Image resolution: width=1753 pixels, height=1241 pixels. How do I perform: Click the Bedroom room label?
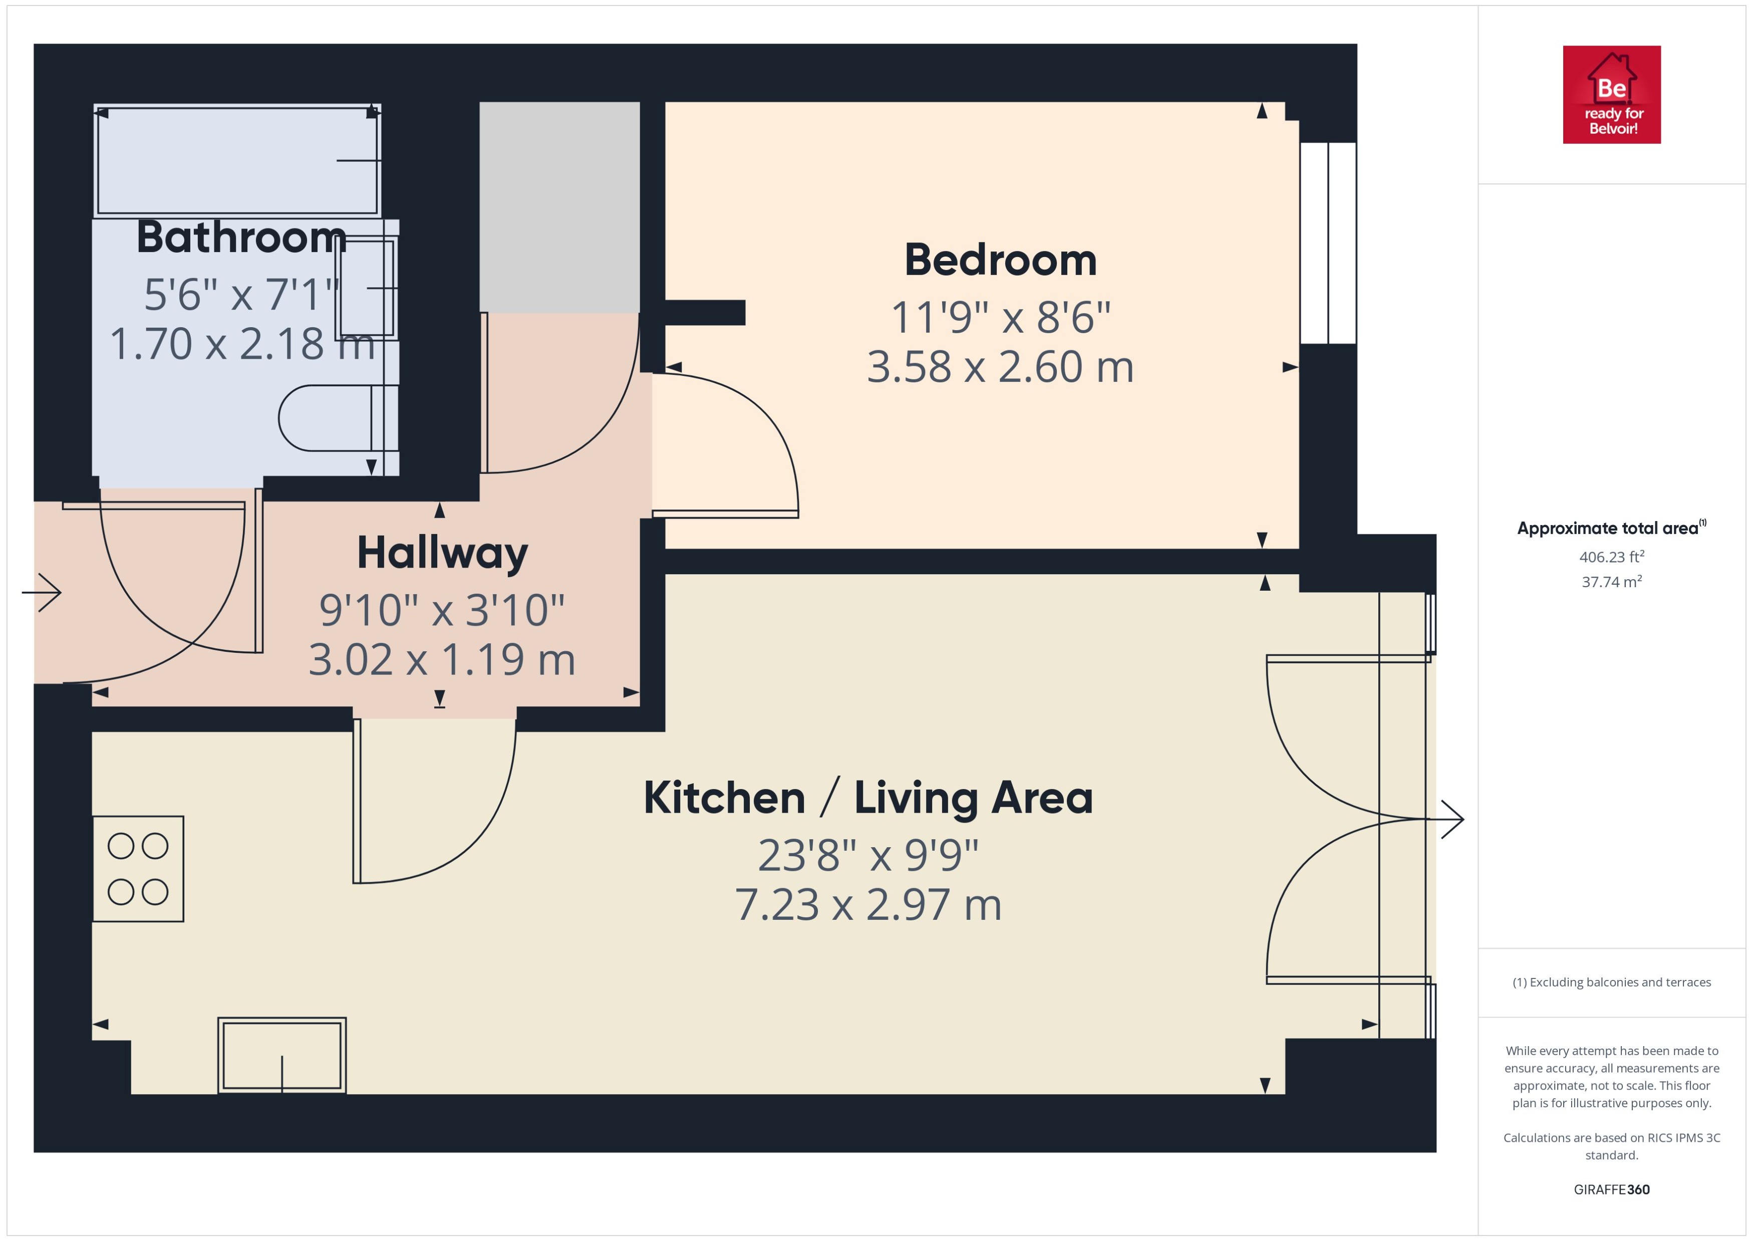click(1000, 260)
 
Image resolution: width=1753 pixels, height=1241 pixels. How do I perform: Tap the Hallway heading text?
click(442, 553)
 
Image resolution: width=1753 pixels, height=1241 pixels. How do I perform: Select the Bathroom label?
click(241, 237)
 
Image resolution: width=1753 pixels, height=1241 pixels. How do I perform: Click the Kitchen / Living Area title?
click(867, 798)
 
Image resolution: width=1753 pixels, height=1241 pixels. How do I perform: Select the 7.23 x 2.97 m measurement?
click(867, 905)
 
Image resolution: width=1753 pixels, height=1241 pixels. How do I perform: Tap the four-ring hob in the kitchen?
click(138, 869)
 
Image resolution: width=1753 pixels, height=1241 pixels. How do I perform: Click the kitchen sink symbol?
click(282, 1055)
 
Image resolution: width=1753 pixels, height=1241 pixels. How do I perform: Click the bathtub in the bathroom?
click(237, 160)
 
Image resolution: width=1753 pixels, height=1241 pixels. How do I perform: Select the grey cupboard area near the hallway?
click(559, 206)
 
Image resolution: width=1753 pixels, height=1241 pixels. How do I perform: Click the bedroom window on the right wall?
click(1328, 242)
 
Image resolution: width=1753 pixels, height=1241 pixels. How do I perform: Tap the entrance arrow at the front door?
click(42, 592)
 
